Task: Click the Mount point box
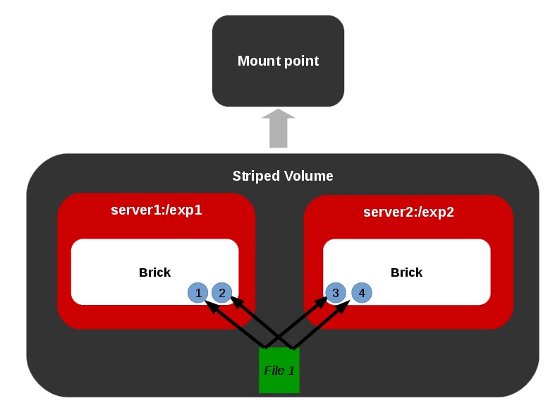[278, 61]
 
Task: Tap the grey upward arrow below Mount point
[279, 128]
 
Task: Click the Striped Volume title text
[283, 176]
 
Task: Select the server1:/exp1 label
[157, 210]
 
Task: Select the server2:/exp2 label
[408, 212]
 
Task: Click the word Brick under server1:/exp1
[154, 272]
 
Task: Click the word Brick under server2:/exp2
[406, 272]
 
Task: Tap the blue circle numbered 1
[199, 293]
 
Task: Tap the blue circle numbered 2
[222, 293]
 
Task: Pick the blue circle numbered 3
[336, 293]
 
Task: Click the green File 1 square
[279, 370]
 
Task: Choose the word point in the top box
[300, 61]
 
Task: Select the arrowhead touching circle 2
[236, 301]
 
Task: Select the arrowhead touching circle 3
[322, 301]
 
